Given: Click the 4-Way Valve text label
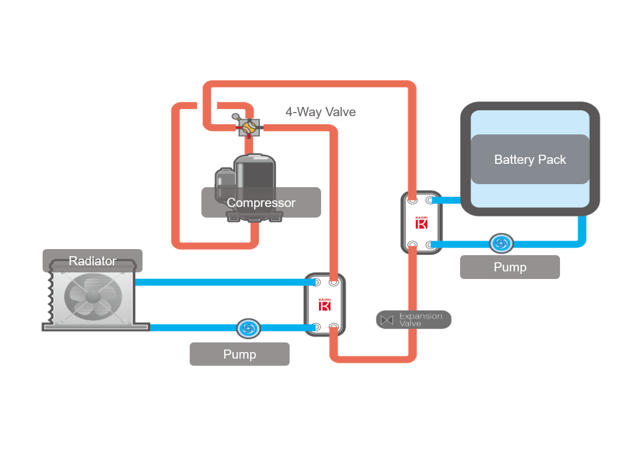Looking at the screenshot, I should click(x=321, y=112).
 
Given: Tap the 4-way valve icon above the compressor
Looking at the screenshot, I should click(x=249, y=127).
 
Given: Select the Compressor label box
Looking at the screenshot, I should click(x=261, y=203).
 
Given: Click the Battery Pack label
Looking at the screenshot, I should click(x=530, y=160).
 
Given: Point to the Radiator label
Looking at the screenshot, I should click(x=92, y=261).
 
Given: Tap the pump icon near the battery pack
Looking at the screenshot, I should click(x=501, y=244).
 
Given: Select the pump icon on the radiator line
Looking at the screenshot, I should click(x=249, y=328).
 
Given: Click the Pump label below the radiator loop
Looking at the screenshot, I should click(x=239, y=354).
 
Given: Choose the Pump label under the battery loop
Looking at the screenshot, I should click(x=510, y=267).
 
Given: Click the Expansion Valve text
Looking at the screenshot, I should click(x=420, y=320).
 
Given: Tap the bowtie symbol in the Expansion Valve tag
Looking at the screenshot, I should click(x=387, y=320).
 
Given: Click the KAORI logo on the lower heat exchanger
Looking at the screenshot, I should click(x=325, y=305).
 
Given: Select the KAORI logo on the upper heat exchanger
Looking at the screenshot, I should click(x=422, y=223).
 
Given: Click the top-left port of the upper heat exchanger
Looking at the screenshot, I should click(x=412, y=199).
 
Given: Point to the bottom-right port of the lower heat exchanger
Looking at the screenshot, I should click(x=334, y=327).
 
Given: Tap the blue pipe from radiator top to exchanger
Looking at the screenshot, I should click(x=218, y=282).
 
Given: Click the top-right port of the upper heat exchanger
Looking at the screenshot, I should click(x=431, y=199).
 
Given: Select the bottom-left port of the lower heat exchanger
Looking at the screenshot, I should click(x=316, y=327).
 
